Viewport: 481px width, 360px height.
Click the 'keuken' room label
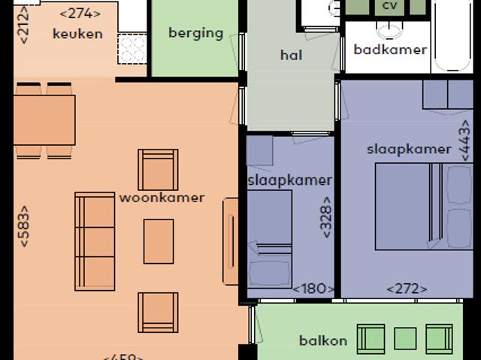tap(77, 33)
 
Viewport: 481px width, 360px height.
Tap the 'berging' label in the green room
tap(195, 32)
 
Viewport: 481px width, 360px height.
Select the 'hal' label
tap(291, 54)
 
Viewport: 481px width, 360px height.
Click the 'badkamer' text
tap(390, 50)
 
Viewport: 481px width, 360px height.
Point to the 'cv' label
tap(389, 6)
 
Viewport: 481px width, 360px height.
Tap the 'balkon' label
tap(323, 340)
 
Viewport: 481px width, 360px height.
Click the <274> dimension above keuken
tap(80, 13)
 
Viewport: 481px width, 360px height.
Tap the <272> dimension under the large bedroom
tap(407, 289)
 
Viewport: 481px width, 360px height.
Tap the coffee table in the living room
tap(159, 241)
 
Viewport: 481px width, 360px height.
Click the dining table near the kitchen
tap(44, 120)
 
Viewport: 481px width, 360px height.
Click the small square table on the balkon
tap(405, 339)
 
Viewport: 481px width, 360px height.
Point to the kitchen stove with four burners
tap(133, 50)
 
